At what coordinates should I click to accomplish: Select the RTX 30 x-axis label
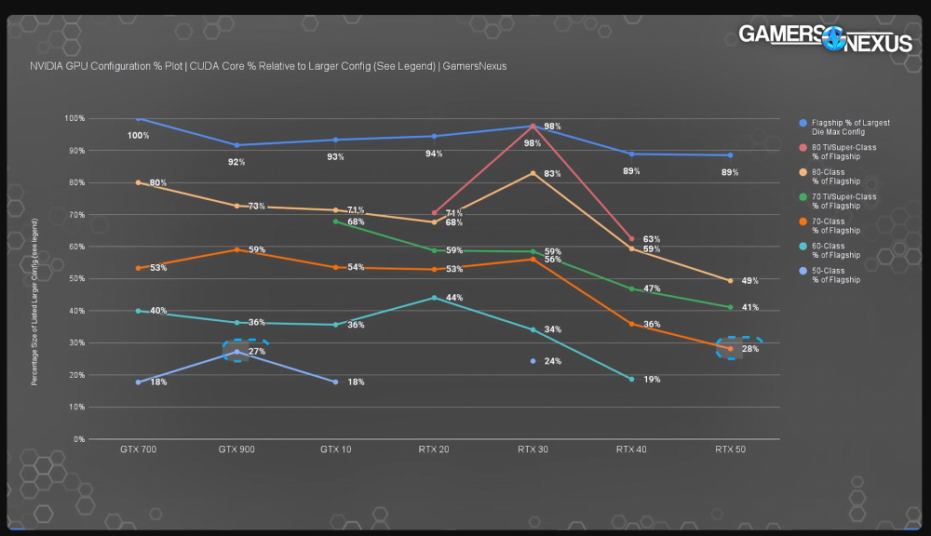point(532,449)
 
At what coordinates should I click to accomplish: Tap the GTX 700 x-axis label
point(138,449)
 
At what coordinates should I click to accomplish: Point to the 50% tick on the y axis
point(77,279)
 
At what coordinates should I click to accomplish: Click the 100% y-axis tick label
point(75,119)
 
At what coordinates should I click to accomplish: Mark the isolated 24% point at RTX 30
point(533,361)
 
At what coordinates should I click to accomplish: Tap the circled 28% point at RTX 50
point(730,348)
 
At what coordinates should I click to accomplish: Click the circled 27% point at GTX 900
point(237,352)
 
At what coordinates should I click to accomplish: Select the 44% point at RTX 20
point(434,298)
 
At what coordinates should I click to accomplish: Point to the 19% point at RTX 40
point(631,379)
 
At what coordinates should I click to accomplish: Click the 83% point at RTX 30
point(533,173)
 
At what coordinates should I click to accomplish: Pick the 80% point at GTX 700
point(138,182)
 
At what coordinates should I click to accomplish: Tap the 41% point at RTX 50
point(730,307)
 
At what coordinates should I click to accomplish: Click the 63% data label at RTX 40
point(651,239)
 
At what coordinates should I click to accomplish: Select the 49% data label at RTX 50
point(749,281)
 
